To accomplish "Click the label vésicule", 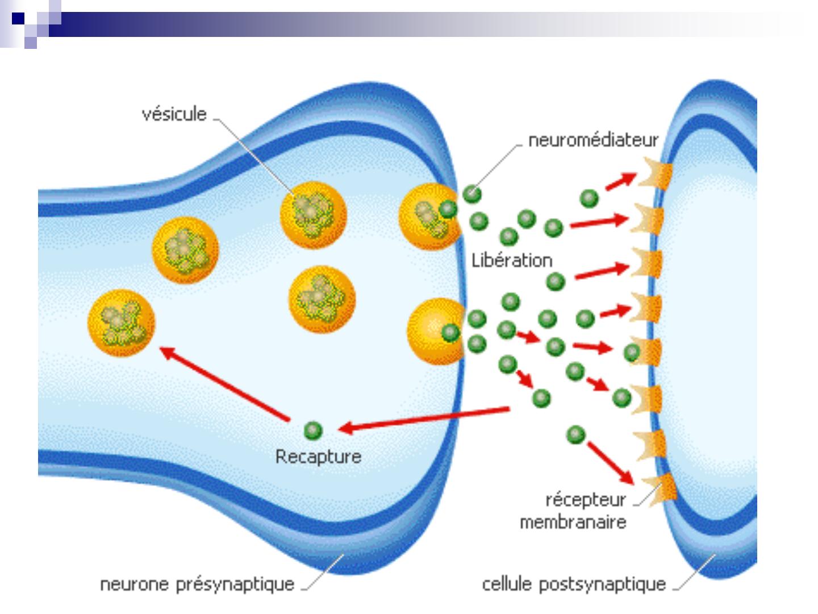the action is [174, 114].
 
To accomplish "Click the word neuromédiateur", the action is [593, 140].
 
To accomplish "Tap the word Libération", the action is [512, 260].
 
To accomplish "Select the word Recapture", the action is [318, 457].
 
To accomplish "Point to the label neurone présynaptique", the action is [197, 584].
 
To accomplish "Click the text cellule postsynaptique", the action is [574, 584].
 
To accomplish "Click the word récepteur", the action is [586, 500].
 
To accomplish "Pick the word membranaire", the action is [573, 522].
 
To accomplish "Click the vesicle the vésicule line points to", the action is [314, 215].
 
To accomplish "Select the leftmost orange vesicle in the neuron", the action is [122, 323].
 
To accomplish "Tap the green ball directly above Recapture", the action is [313, 430].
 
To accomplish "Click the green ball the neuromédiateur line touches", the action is [472, 194].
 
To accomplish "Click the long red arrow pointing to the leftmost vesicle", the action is [225, 384].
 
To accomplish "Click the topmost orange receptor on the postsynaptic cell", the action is [656, 174].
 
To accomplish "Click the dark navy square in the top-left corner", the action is [18, 18].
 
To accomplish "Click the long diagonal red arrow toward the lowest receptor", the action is [611, 463].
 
